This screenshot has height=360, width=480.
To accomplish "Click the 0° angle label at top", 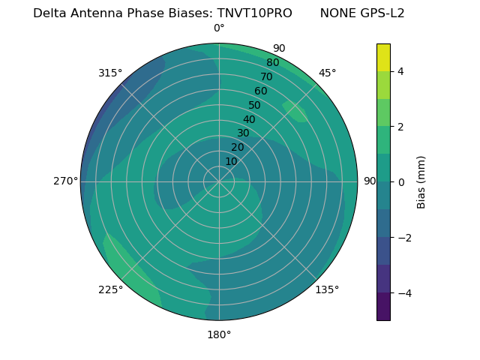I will click(x=219, y=28).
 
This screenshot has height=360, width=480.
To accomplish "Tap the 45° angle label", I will click(x=327, y=73).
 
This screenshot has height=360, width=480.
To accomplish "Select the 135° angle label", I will click(x=327, y=289).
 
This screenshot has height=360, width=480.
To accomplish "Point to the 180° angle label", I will click(x=219, y=334).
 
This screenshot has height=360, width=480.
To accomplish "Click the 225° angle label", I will click(x=110, y=289).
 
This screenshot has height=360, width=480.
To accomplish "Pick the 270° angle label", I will click(x=65, y=181).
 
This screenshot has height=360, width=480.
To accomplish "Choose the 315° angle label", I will click(x=110, y=73).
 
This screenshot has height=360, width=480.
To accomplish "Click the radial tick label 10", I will click(x=231, y=161).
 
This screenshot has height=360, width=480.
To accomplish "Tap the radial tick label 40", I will click(x=249, y=119).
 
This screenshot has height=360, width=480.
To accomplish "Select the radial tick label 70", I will click(x=266, y=76).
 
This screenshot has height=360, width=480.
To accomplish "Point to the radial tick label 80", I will click(x=272, y=63).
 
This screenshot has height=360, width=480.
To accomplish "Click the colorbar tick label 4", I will click(x=400, y=71).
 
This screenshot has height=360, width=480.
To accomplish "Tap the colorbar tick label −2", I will click(x=403, y=238).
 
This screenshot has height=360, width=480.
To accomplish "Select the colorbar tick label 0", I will click(x=400, y=182).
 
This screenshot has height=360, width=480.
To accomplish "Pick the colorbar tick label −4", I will click(x=403, y=293).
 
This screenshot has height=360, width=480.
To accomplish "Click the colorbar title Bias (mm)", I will click(x=421, y=182).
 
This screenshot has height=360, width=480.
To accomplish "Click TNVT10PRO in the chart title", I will click(x=255, y=13).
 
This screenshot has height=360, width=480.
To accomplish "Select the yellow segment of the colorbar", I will click(x=383, y=58).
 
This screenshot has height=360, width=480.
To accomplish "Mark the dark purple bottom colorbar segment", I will click(x=383, y=307).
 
